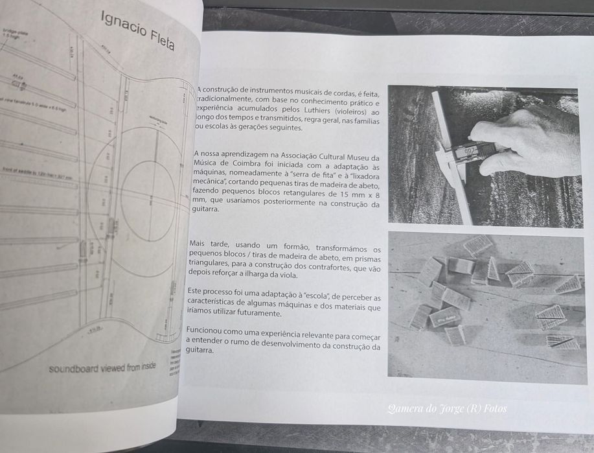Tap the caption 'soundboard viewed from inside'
(102, 369)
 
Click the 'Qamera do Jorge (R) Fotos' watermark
(447, 408)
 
